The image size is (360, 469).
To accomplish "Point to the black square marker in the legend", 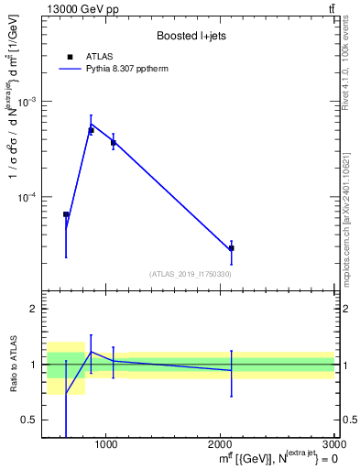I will tap(70, 57).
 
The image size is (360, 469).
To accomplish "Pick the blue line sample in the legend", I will tap(70, 69).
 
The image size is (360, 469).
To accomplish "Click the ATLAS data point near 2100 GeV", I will tap(231, 248).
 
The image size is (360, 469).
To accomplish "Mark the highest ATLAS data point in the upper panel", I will tap(91, 131).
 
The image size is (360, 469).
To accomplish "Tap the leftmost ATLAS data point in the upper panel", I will tap(66, 214).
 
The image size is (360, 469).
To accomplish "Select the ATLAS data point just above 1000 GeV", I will tap(113, 143).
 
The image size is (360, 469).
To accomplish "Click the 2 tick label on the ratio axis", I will tap(33, 310).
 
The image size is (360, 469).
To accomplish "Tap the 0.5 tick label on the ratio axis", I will tap(29, 420).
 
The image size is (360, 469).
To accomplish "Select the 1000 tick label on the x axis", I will tap(106, 444).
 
